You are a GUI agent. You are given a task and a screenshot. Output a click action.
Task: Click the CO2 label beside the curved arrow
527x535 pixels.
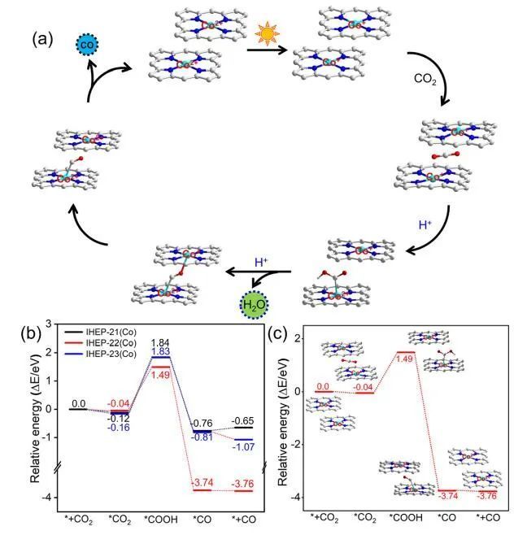click(x=425, y=80)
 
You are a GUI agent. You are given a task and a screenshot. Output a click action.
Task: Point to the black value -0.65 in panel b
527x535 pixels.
click(x=242, y=420)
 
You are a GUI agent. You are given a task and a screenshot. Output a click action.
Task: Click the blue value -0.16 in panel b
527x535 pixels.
click(x=118, y=426)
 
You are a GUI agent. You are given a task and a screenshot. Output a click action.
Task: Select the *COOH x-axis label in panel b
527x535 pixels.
click(x=159, y=518)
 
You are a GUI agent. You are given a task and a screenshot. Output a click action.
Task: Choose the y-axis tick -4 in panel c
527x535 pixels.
click(x=296, y=497)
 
